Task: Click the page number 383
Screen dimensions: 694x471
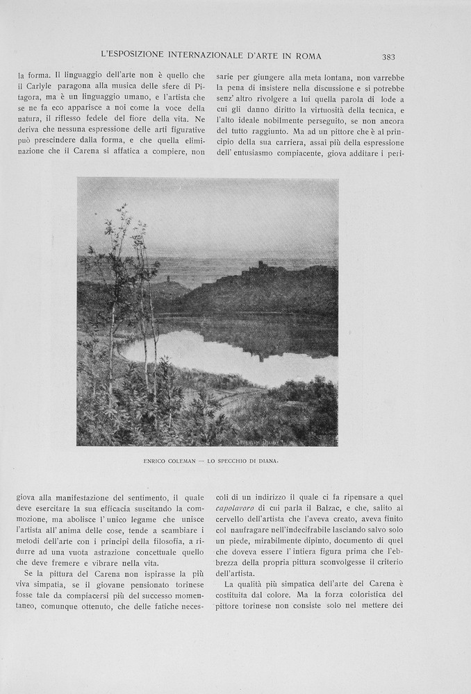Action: click(x=388, y=56)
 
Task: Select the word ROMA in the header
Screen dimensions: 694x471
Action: click(x=307, y=56)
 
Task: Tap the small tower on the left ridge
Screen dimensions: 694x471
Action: click(x=167, y=279)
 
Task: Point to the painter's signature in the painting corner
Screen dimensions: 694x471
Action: click(x=313, y=440)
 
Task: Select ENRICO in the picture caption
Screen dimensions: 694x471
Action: click(x=157, y=461)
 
